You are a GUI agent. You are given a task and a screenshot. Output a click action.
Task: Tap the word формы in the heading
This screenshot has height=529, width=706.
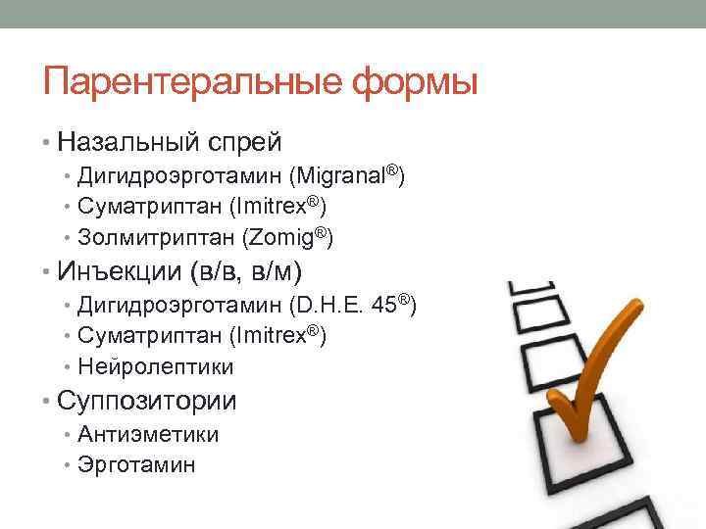pyautogui.click(x=411, y=83)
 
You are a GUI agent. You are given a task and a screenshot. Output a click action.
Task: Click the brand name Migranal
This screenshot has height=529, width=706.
pyautogui.click(x=346, y=177)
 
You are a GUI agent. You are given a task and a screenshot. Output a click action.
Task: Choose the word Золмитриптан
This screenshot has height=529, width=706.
pyautogui.click(x=150, y=238)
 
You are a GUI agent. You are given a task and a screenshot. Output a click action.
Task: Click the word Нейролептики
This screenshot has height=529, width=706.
pyautogui.click(x=156, y=367)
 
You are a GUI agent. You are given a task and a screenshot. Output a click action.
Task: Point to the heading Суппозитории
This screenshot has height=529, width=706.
pyautogui.click(x=147, y=400)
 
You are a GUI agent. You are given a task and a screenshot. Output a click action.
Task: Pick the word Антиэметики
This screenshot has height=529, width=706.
pyautogui.click(x=148, y=434)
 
